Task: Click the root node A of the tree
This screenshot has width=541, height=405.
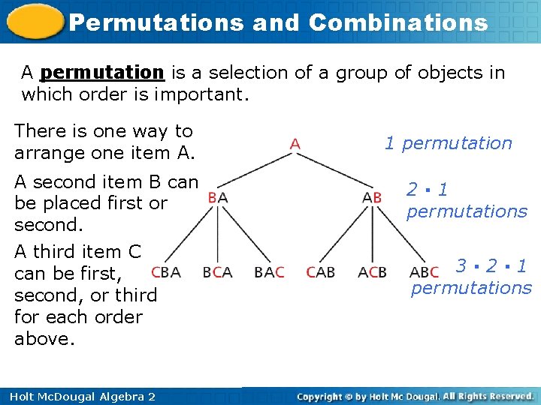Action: tap(295, 142)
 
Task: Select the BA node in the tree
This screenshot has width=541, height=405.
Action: tap(218, 197)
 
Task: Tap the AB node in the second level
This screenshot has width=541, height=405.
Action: tap(372, 197)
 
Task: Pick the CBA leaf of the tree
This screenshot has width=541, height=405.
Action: tap(165, 272)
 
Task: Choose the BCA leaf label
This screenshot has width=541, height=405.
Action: tap(217, 272)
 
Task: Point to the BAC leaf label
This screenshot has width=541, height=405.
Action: tap(269, 272)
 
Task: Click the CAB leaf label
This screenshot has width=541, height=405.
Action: tap(321, 272)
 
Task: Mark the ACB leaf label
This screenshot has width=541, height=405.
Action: tap(373, 272)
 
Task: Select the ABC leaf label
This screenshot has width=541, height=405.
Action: tap(425, 272)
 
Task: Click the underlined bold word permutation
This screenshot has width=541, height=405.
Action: tap(102, 73)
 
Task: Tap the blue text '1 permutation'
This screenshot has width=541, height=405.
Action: tap(448, 143)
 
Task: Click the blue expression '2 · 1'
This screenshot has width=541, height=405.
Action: tap(427, 190)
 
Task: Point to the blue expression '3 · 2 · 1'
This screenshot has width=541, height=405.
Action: tap(491, 265)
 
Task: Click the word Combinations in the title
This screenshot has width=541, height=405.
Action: tap(398, 22)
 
